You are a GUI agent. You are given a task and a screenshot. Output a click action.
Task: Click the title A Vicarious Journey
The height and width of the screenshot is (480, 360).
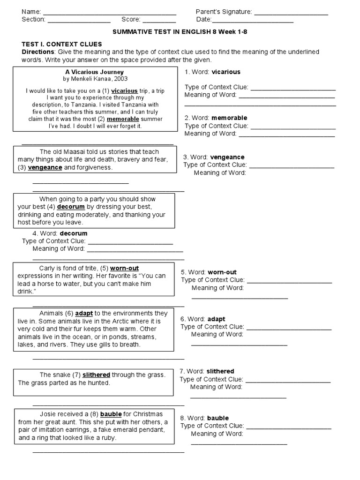(x=94, y=72)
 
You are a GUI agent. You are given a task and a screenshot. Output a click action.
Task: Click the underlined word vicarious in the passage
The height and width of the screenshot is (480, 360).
(x=125, y=91)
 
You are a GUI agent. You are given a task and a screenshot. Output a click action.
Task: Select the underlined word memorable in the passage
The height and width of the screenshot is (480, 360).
(x=123, y=119)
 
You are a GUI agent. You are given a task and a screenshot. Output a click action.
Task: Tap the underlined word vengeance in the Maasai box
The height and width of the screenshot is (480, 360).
(x=45, y=167)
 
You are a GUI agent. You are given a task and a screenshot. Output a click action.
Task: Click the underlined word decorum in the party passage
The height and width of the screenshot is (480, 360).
(x=71, y=207)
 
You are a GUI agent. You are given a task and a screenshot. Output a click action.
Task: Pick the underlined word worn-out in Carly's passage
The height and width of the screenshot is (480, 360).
(x=125, y=269)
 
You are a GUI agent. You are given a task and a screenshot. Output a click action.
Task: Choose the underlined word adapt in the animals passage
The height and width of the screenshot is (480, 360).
(x=84, y=313)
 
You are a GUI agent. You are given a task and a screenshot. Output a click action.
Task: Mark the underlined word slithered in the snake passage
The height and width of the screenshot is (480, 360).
(x=97, y=375)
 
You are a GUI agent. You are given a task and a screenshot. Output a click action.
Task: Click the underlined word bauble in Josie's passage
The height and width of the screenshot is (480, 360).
(x=111, y=414)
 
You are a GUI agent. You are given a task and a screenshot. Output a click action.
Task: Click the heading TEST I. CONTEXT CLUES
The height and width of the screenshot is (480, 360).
(x=62, y=44)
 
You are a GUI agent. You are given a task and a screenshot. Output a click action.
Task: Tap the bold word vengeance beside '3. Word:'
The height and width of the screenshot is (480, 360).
(x=227, y=157)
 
